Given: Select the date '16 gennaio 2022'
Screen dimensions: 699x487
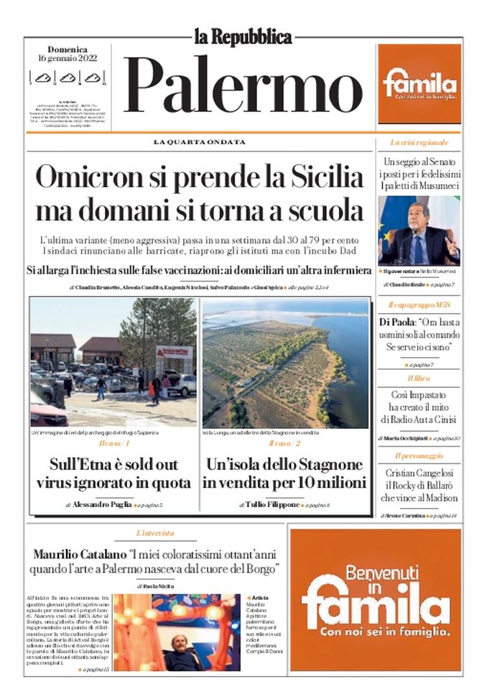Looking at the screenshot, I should coord(68,59).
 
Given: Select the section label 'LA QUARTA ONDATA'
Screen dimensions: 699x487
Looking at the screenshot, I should coord(199,142).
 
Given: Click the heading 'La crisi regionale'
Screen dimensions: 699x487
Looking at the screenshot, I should coord(419,143).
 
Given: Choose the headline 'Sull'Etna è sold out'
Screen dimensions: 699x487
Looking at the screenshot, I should coord(113,463).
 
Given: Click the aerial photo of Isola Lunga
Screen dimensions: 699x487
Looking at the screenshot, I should coord(285,364).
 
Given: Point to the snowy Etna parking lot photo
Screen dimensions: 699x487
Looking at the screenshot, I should coord(113,364).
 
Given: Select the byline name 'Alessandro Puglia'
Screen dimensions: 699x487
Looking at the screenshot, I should coord(102,505).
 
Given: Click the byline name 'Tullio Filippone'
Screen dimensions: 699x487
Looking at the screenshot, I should coord(269,505).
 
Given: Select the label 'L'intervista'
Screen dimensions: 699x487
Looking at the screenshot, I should coord(155,534).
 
